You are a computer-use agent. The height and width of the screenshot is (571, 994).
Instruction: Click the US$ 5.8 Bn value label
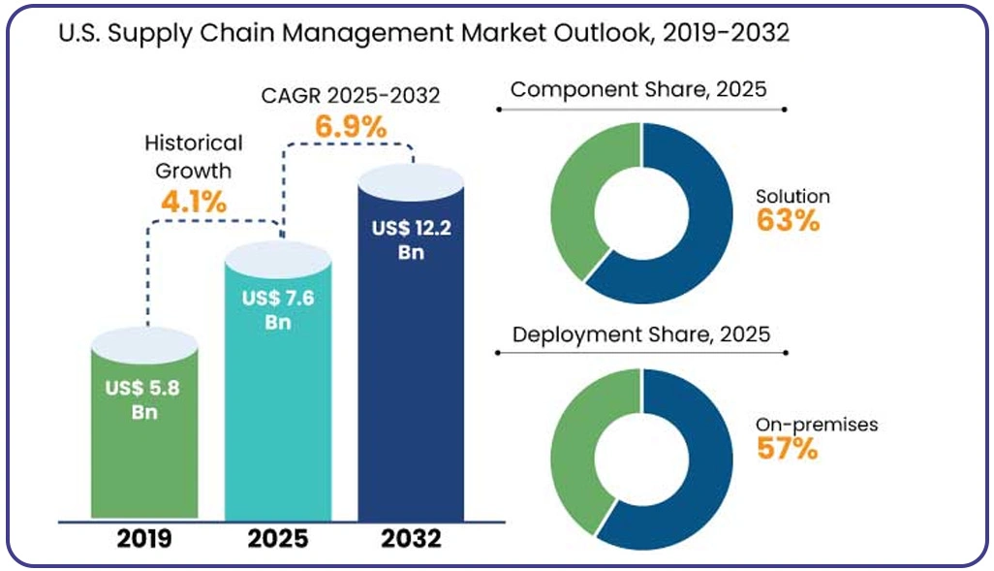143,399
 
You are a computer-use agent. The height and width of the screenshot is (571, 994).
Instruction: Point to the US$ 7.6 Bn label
278,309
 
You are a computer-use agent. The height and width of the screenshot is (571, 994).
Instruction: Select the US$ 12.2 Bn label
412,239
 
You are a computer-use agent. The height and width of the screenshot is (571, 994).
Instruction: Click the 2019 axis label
144,539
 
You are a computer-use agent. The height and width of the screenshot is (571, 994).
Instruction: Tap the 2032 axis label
411,539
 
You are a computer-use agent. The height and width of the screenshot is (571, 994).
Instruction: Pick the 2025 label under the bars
278,539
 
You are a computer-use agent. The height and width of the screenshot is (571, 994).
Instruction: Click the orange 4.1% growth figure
194,203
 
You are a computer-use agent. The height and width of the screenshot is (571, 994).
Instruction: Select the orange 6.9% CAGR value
351,127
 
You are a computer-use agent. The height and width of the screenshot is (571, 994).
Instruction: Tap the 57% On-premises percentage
788,449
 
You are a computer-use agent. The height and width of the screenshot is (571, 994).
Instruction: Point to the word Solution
792,196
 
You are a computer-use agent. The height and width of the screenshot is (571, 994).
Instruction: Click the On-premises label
817,425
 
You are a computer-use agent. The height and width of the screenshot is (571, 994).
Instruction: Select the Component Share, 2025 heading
638,89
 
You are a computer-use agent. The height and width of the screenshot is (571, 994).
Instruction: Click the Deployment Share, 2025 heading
641,334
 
